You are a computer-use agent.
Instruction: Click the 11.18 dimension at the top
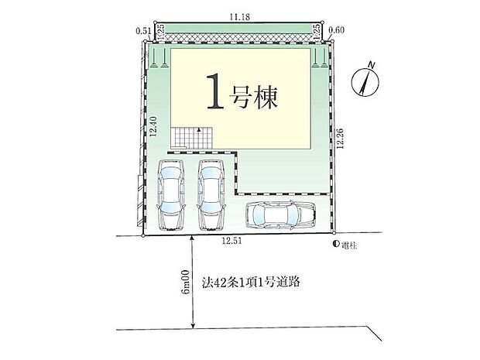[240, 17]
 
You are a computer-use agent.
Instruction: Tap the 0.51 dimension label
[143, 30]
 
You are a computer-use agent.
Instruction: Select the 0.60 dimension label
[336, 29]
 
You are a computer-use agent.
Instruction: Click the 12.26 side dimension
[340, 139]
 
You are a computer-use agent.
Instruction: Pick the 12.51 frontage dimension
[232, 241]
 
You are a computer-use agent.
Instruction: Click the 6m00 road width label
[186, 282]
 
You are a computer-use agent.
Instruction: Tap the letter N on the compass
[372, 65]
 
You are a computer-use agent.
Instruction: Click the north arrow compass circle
[365, 82]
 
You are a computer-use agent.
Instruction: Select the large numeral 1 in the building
[216, 91]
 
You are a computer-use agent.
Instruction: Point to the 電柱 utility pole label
[349, 245]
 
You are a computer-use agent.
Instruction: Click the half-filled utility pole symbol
[336, 244]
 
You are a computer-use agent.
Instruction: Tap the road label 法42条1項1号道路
[251, 282]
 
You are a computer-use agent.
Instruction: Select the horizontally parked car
[280, 214]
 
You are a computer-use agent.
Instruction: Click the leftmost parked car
[170, 194]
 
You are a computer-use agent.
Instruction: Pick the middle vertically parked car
[211, 194]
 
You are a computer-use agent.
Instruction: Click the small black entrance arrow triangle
[199, 130]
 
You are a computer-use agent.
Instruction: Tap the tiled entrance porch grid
[191, 138]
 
